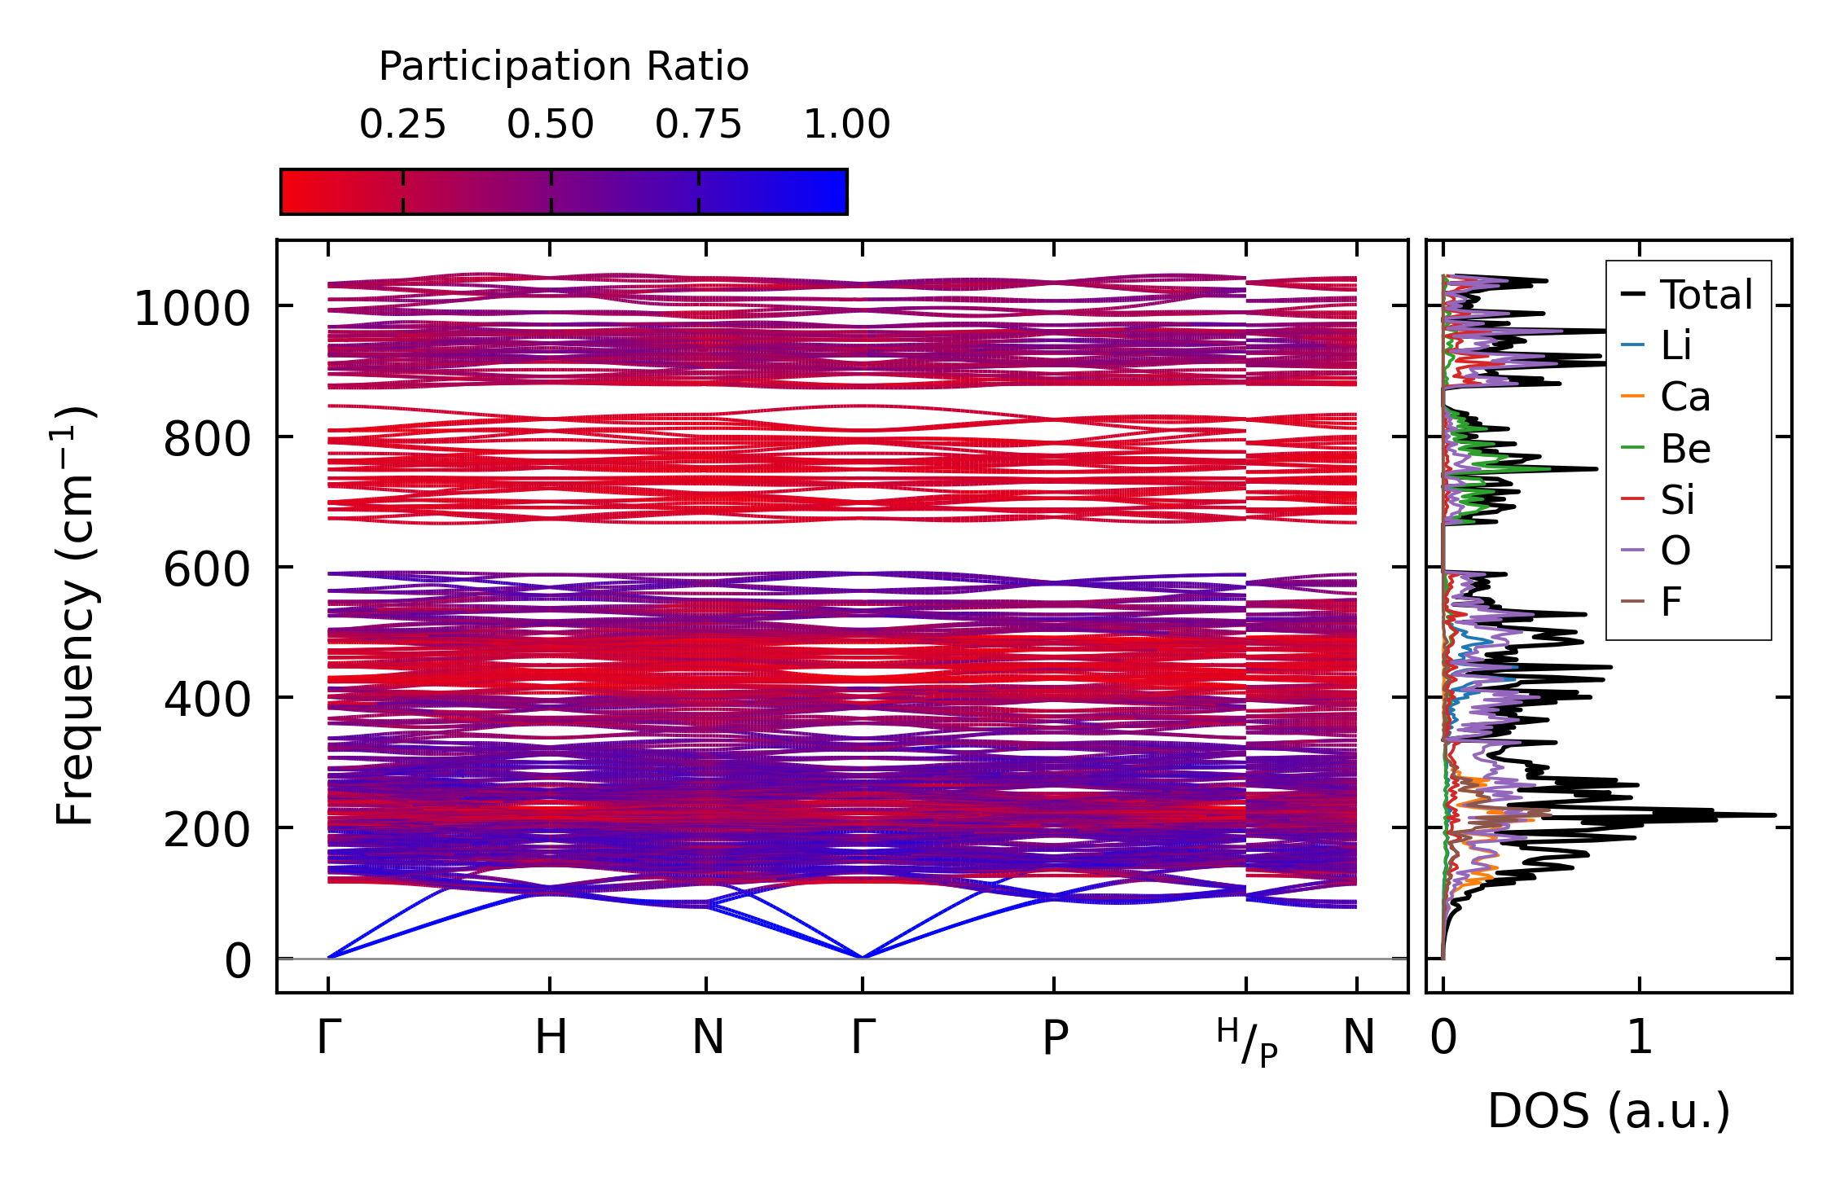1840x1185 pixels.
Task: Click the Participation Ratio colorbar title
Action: (x=564, y=67)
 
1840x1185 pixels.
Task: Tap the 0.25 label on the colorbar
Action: (x=402, y=125)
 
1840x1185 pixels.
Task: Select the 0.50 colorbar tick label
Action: (x=551, y=125)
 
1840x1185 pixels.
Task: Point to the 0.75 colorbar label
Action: (x=698, y=125)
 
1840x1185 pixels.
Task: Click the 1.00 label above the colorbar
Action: (x=846, y=125)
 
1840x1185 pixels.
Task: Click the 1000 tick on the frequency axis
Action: (x=191, y=309)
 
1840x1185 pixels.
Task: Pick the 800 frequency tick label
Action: (x=206, y=441)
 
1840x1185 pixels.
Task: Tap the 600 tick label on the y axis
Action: (x=206, y=569)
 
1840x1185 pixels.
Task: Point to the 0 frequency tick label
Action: (x=238, y=961)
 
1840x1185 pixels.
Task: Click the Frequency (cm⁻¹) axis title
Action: (x=75, y=616)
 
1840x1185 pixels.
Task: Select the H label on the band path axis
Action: (x=551, y=1038)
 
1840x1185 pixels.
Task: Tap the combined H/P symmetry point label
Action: (x=1247, y=1042)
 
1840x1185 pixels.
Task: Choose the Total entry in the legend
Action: (x=1706, y=295)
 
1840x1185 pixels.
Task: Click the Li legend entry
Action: (x=1675, y=345)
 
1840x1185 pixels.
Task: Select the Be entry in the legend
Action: (x=1684, y=448)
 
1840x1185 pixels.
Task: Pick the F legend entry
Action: (x=1671, y=602)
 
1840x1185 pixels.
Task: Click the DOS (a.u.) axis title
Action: (x=1609, y=1111)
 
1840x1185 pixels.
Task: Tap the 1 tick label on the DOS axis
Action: (x=1640, y=1038)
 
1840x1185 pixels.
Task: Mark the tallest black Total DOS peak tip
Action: (x=1774, y=815)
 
